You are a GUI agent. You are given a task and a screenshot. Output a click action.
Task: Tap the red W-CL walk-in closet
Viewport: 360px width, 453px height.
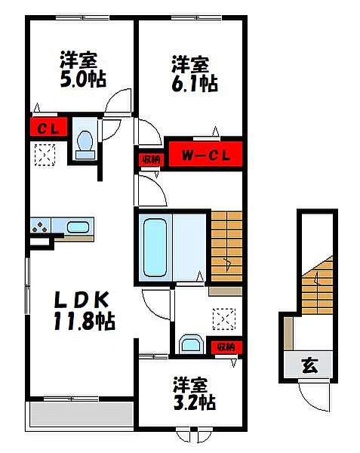point(205,155)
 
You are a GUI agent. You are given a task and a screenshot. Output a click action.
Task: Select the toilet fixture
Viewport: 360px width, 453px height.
point(85,145)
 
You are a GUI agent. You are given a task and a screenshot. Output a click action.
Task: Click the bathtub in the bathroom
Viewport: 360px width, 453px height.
point(155,248)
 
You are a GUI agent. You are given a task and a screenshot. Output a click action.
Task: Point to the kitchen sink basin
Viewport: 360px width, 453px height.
point(78,227)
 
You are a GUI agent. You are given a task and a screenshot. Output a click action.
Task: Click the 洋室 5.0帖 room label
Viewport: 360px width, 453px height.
point(82,69)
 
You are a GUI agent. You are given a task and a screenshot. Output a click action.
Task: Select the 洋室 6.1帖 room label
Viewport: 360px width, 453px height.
point(194,74)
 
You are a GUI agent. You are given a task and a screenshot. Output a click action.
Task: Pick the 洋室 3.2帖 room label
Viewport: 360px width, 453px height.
point(194,393)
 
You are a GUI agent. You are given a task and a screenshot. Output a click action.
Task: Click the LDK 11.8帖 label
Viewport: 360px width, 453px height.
point(84,311)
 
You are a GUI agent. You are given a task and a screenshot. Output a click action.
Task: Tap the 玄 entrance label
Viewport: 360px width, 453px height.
point(310,365)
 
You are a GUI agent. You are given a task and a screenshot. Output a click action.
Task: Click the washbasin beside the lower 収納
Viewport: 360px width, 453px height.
point(190,344)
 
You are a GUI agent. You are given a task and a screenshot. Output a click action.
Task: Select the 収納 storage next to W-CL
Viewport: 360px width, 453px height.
point(151,159)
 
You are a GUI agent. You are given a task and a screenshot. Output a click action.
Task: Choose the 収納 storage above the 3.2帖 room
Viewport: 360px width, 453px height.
point(226,347)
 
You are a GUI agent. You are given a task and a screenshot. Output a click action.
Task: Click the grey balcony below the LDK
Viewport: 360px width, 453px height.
point(82,414)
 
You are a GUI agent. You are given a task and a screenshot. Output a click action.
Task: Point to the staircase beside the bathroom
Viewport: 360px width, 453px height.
point(226,246)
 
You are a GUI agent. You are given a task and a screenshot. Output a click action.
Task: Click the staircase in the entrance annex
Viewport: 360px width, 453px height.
point(317,285)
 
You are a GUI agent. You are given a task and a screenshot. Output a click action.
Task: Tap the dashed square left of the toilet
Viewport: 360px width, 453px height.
point(45,155)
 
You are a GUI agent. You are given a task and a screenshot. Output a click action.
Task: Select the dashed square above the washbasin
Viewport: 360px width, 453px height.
point(224,319)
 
